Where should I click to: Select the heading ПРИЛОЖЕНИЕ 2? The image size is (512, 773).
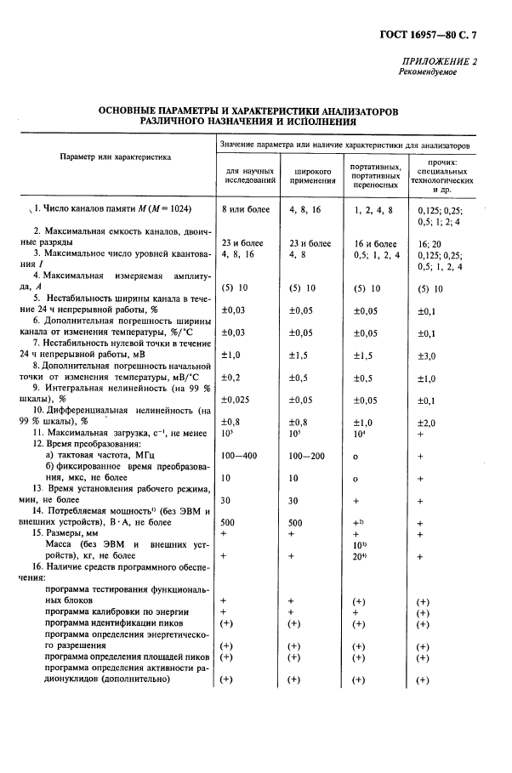coord(438,62)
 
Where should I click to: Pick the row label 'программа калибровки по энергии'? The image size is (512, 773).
coord(117,611)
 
